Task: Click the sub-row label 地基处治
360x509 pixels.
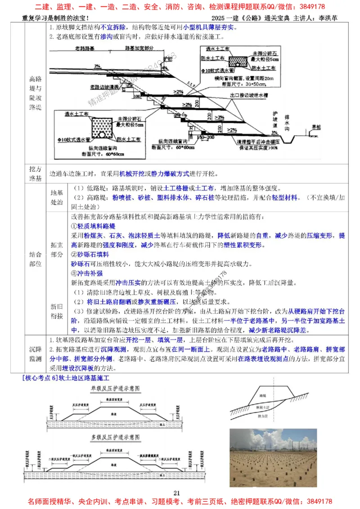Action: point(57,197)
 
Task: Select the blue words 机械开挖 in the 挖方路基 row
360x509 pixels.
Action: point(134,173)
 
